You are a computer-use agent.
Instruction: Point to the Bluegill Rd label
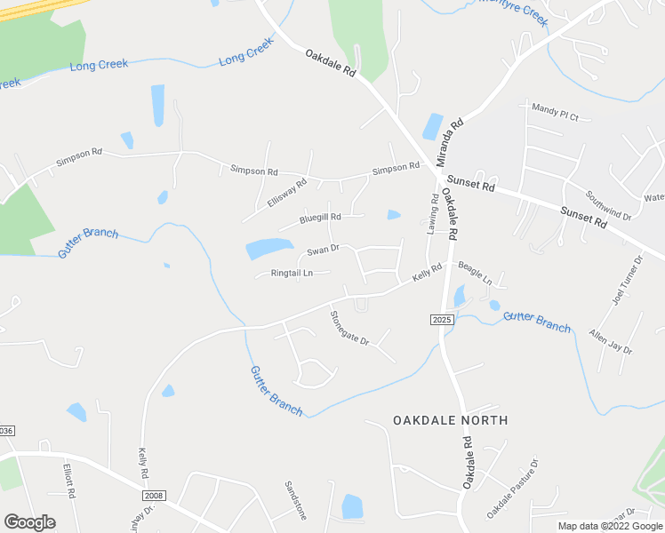(x=320, y=217)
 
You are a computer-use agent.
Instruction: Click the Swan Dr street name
(x=323, y=250)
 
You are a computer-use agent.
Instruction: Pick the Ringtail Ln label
(x=292, y=273)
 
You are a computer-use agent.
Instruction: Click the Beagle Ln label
(x=475, y=273)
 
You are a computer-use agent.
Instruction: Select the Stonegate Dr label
(x=349, y=328)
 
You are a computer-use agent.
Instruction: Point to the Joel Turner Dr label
(x=627, y=282)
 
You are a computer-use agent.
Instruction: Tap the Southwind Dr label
(x=608, y=205)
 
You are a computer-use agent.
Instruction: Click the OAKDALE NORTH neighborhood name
(x=450, y=419)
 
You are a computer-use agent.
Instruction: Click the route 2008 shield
(x=153, y=495)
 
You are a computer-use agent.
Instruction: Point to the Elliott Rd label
(x=68, y=480)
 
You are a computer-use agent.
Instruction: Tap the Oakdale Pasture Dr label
(x=513, y=489)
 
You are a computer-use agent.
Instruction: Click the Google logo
(x=29, y=522)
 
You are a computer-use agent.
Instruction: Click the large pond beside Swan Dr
(x=268, y=248)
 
